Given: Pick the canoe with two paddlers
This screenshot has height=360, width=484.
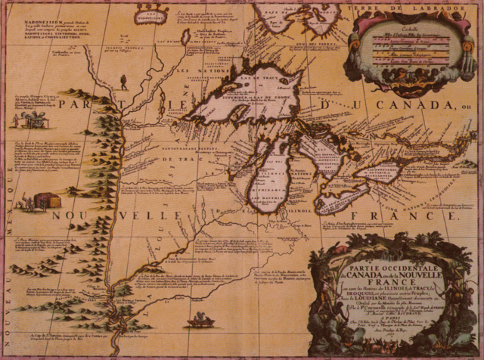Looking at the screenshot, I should click(x=200, y=321).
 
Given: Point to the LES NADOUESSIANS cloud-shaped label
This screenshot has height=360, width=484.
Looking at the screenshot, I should click(x=150, y=12).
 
